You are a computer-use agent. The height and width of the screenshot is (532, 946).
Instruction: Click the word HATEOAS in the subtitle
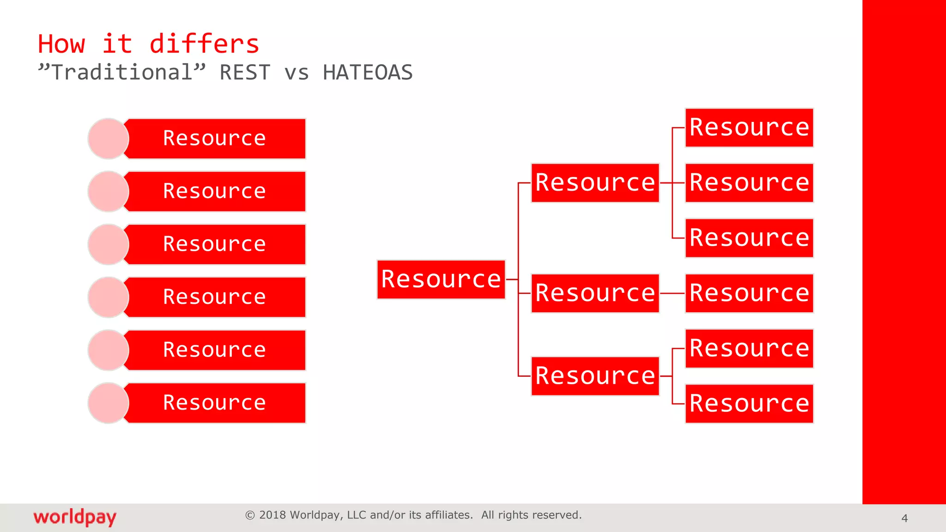tap(368, 73)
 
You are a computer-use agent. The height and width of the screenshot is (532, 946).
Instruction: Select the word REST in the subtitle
tap(245, 73)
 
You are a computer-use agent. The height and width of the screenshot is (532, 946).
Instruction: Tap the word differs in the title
tap(204, 44)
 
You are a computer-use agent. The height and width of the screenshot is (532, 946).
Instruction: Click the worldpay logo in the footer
tap(75, 517)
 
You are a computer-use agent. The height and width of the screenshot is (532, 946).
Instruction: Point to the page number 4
tap(904, 519)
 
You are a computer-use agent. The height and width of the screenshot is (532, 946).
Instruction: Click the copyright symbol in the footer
tap(250, 515)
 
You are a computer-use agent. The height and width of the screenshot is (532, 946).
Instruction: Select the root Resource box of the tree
tap(441, 279)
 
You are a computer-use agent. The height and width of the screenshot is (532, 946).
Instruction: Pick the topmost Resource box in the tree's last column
tap(749, 128)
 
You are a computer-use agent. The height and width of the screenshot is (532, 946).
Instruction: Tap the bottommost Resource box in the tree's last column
tap(749, 404)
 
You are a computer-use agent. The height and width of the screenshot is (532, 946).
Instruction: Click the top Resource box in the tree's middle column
tap(595, 183)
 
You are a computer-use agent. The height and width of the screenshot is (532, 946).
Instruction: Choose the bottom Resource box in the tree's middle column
tap(595, 376)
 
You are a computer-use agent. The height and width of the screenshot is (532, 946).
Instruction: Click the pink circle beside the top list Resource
tap(108, 139)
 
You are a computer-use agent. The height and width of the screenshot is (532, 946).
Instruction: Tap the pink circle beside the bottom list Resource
tap(108, 403)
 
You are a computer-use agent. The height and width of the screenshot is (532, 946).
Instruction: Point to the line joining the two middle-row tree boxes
tap(672, 293)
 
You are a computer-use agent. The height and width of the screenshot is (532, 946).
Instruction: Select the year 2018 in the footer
tap(272, 515)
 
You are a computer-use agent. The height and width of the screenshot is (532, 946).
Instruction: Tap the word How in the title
tap(61, 44)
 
